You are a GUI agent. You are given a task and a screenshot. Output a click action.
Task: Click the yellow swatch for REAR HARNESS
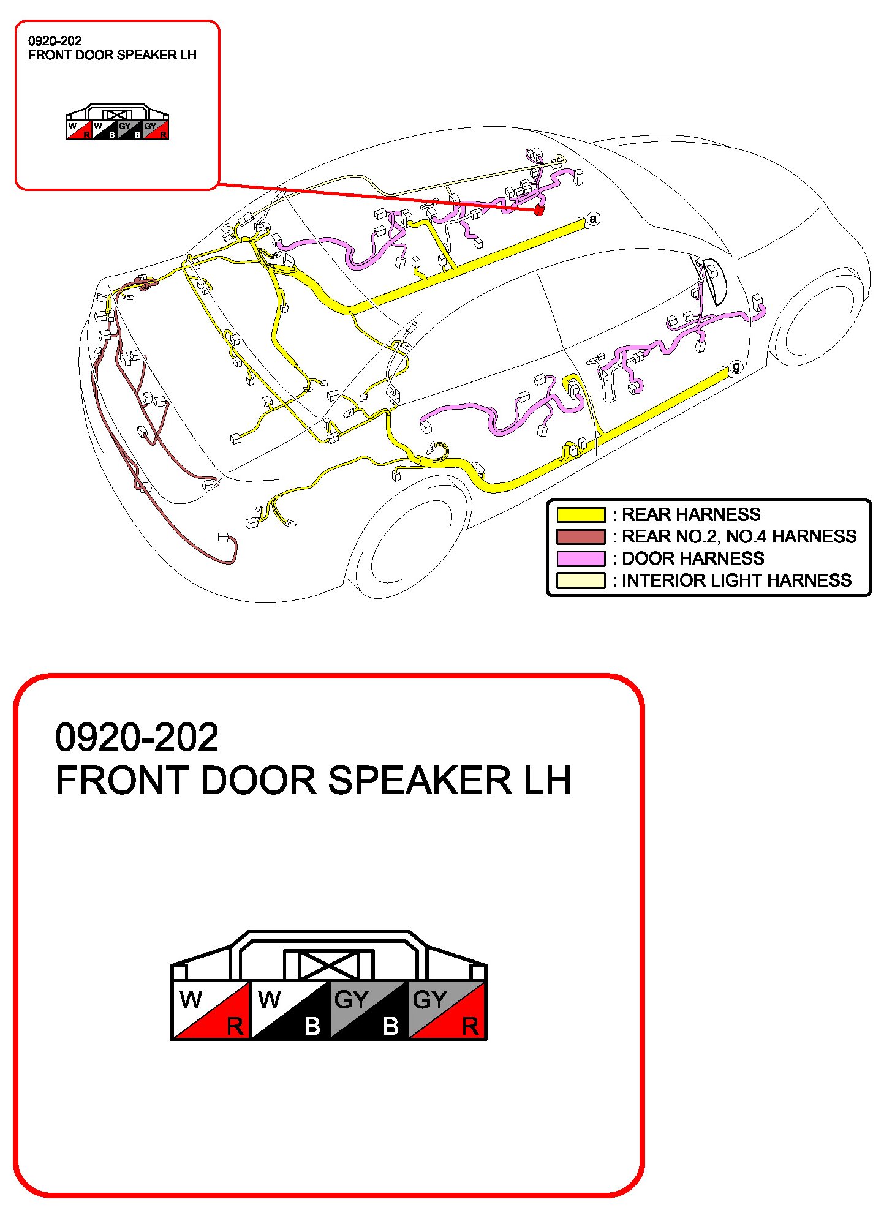(x=580, y=514)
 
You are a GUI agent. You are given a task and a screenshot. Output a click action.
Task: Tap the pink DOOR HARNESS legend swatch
(x=580, y=558)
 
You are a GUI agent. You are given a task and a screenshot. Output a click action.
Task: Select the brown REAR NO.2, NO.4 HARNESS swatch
(x=580, y=536)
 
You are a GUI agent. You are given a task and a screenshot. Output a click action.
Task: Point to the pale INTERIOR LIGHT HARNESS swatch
(x=580, y=580)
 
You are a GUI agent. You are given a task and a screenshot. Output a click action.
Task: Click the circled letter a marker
(x=592, y=219)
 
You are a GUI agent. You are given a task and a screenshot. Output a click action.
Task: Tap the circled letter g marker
(x=736, y=367)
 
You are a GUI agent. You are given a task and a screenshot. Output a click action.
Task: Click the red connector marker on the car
(x=538, y=210)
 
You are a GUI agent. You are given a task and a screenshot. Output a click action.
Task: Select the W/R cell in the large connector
(x=211, y=1010)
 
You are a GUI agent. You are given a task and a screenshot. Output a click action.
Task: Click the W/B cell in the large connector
(x=290, y=1010)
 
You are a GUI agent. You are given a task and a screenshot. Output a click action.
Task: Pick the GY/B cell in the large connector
(x=368, y=1010)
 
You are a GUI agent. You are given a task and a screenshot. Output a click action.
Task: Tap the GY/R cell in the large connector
(x=447, y=1010)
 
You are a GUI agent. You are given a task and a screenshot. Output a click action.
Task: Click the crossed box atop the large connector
(x=328, y=965)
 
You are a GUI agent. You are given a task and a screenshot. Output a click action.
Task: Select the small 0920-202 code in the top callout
(x=55, y=41)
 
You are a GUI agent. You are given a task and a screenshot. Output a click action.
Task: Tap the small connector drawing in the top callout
(x=117, y=122)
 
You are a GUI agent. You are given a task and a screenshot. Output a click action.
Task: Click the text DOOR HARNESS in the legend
(x=693, y=558)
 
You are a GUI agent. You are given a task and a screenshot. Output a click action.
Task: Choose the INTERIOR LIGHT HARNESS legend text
(x=736, y=580)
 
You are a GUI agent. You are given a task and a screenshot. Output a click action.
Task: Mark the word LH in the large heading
(x=547, y=781)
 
